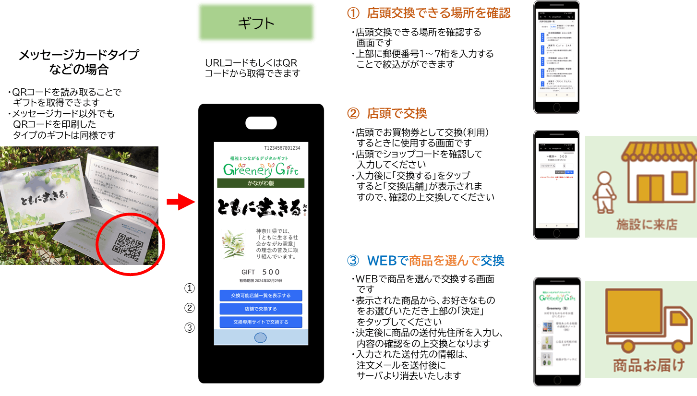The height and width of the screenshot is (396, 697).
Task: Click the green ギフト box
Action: point(256,23)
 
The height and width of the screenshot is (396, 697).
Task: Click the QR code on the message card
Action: point(127,240)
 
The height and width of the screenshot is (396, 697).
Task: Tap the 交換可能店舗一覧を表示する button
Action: point(261,295)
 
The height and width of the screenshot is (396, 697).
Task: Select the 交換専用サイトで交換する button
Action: point(261,322)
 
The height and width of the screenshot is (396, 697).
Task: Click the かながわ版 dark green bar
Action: point(261,183)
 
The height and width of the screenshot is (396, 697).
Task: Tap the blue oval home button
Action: point(260,337)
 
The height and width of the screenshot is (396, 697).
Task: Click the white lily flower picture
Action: point(233,244)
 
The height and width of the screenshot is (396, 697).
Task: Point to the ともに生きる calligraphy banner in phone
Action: point(261,208)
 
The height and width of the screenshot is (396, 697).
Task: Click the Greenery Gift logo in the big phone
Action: point(261,168)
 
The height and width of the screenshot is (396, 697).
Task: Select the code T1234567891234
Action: point(282,148)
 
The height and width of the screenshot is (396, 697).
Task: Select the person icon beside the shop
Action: point(603,192)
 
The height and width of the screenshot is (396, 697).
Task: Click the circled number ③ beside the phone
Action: point(190,328)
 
